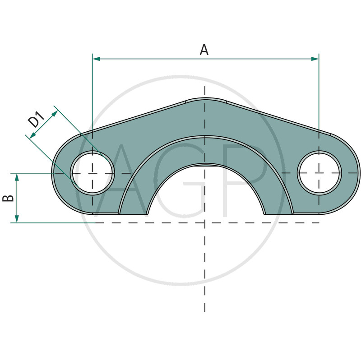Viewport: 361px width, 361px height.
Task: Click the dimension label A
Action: click(204, 50)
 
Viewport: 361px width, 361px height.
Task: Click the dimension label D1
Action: click(37, 119)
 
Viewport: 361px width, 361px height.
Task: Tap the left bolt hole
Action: click(93, 173)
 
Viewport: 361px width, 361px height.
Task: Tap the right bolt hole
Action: click(319, 173)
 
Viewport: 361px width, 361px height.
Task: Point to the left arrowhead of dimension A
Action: click(96, 59)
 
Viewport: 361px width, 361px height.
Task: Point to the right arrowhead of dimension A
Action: click(315, 59)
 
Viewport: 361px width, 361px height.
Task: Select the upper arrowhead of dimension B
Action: click(17, 177)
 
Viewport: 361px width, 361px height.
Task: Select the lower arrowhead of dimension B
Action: click(17, 219)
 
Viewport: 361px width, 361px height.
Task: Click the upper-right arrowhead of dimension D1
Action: click(55, 114)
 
